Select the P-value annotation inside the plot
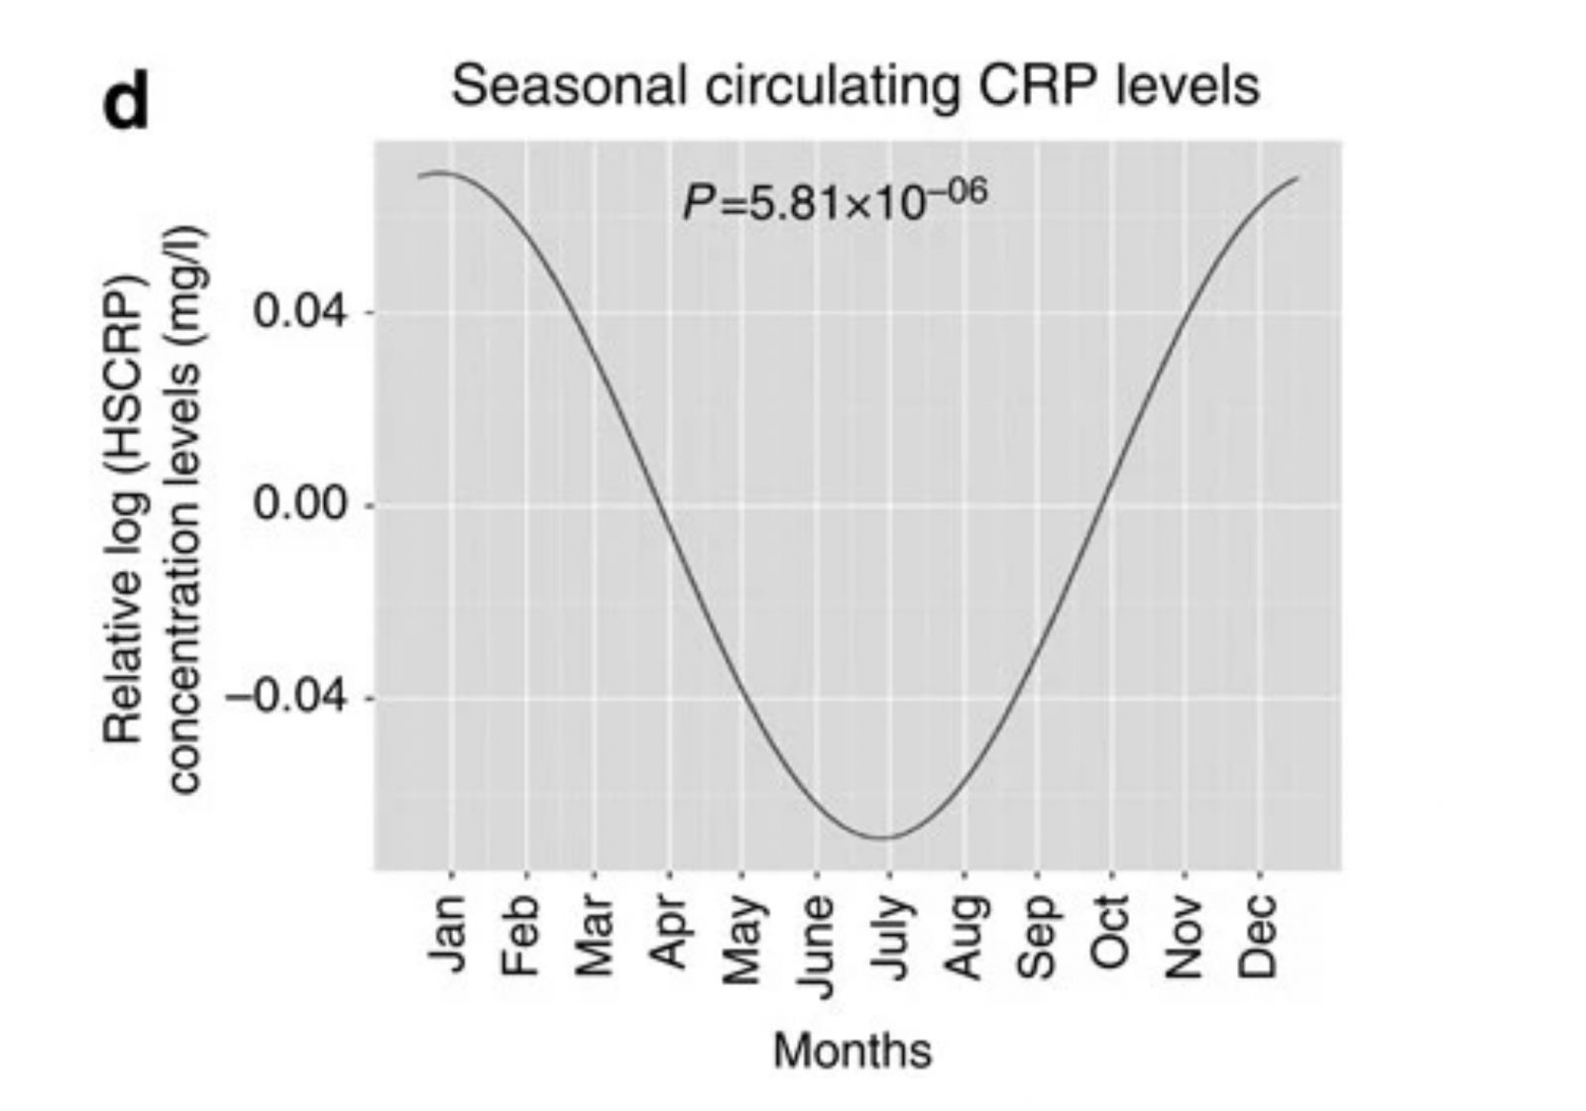(x=834, y=199)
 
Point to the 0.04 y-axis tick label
(x=300, y=311)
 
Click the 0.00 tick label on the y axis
(x=300, y=504)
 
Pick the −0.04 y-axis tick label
(x=286, y=698)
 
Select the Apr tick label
(x=669, y=933)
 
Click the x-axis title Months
(x=852, y=1051)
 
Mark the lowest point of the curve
(x=885, y=837)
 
